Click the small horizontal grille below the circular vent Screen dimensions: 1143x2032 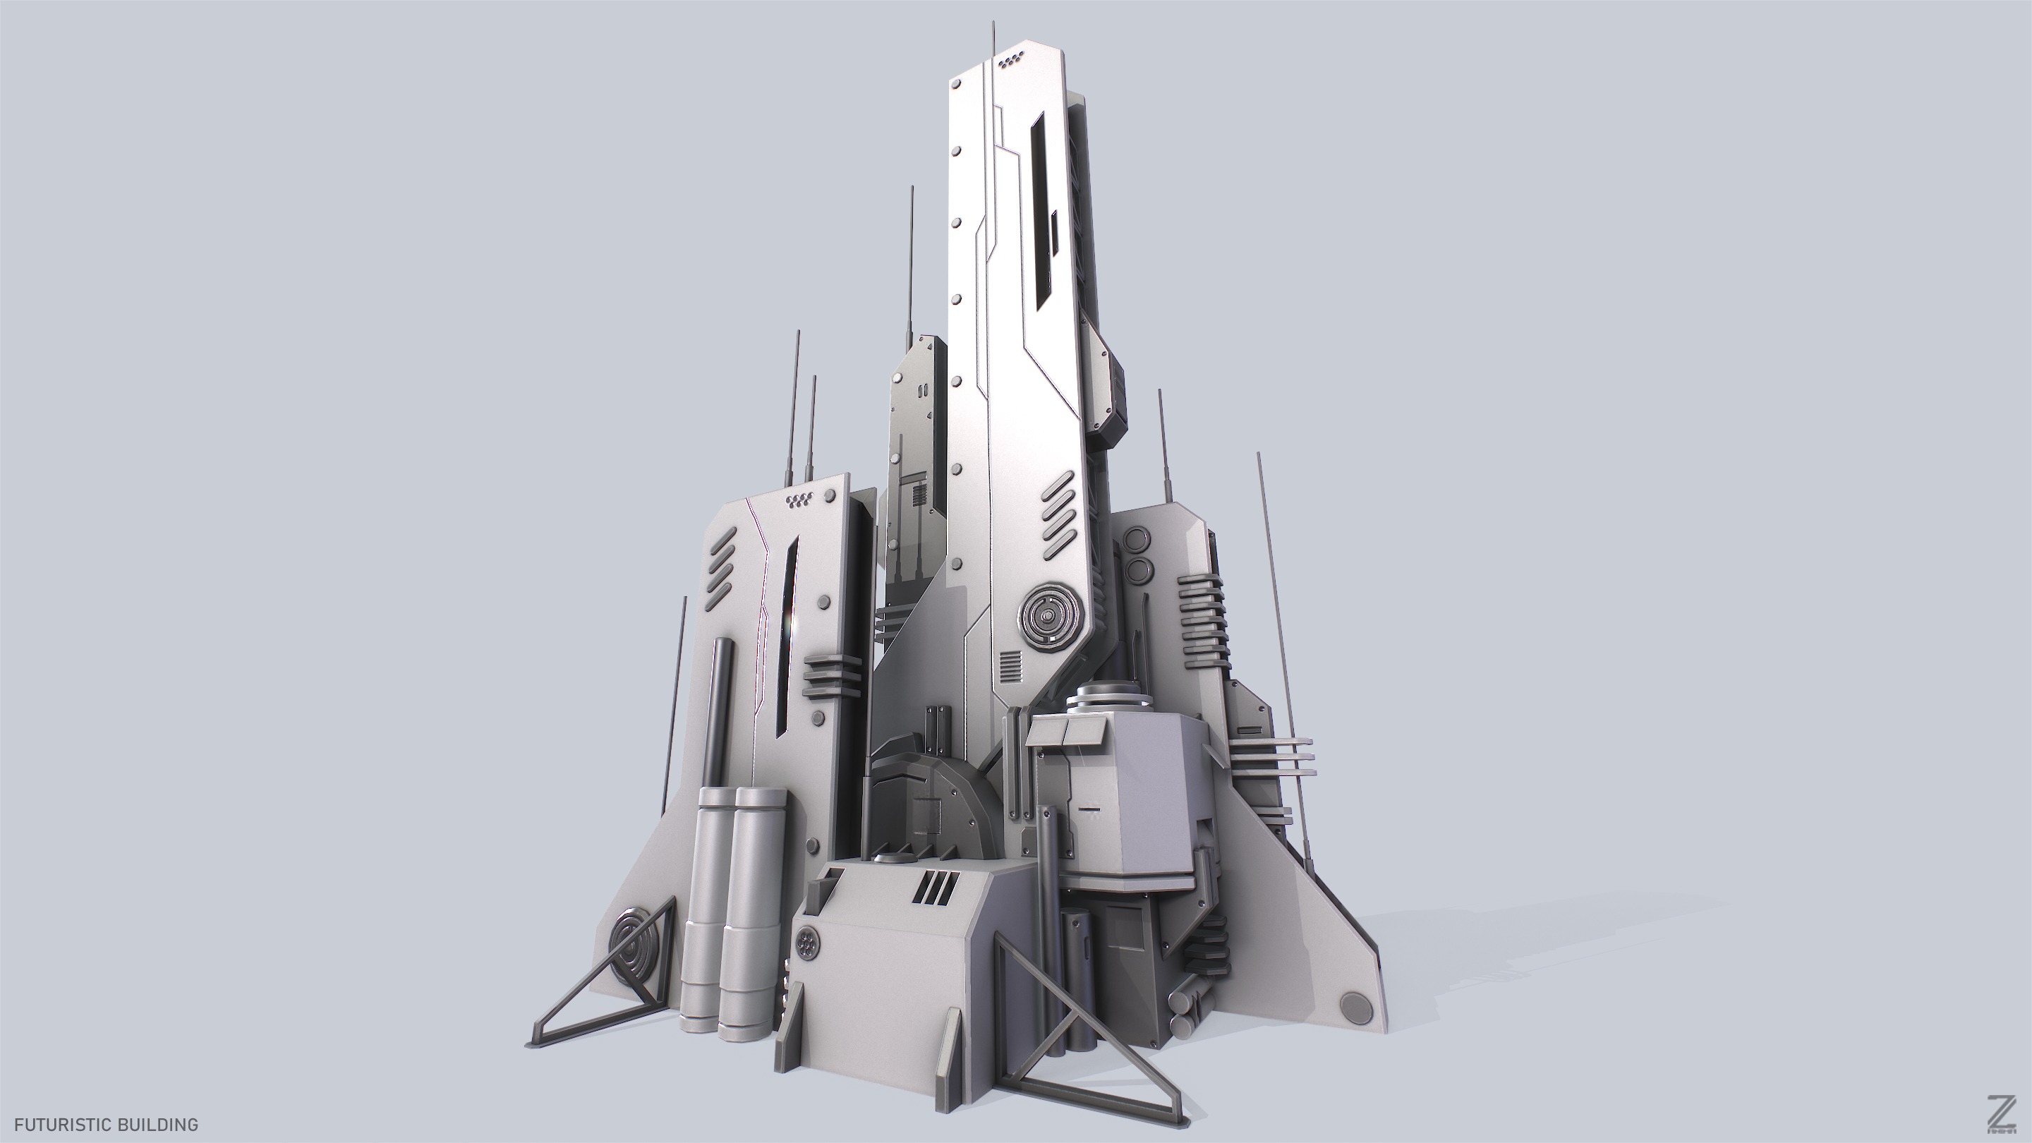tap(1010, 670)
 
